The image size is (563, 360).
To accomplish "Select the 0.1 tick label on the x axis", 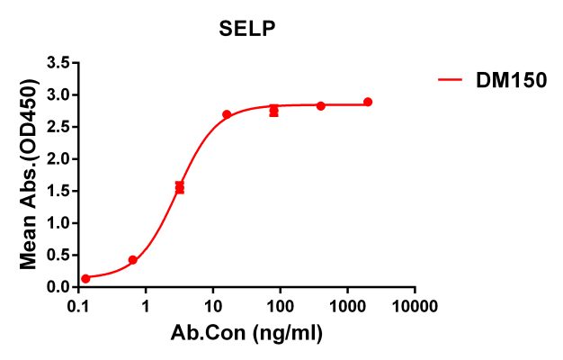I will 79,307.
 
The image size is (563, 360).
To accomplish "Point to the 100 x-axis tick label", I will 281,307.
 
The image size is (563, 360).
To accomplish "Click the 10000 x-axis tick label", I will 415,307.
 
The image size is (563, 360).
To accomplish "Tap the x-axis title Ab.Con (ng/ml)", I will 246,334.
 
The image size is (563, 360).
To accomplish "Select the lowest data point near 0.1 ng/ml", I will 85,279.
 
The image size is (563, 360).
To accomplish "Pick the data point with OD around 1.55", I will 180,187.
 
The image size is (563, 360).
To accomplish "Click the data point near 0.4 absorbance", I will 133,260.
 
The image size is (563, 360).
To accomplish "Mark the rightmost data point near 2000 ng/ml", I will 368,102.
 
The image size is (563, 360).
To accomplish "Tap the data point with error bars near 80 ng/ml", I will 273,111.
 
